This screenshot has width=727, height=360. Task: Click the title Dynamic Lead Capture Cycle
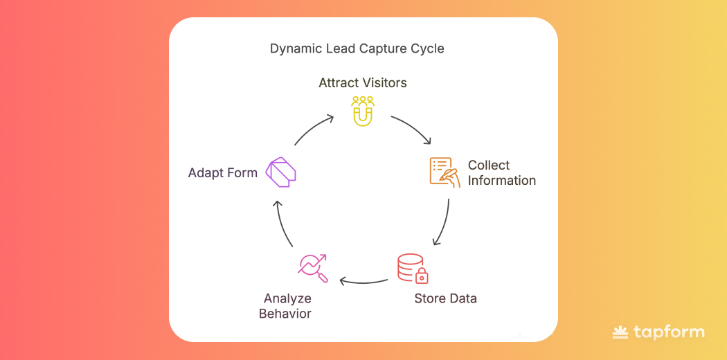point(357,48)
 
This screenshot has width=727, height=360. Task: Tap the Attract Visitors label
point(362,83)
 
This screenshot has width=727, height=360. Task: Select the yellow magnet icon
point(362,111)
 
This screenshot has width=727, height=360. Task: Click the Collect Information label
point(501,173)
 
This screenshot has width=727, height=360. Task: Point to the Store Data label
point(445,299)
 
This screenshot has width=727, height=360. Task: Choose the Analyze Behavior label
point(285,306)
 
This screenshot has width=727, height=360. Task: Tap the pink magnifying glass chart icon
point(312,269)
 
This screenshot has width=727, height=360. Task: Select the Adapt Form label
point(222,173)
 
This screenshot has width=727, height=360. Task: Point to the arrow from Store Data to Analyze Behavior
point(363,281)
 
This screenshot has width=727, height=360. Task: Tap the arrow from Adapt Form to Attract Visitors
point(314,129)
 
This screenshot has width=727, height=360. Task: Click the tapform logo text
point(668,332)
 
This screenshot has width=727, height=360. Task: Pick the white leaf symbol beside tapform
point(620,333)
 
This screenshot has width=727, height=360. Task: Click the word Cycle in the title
point(427,48)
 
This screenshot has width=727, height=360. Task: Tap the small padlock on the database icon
point(422,277)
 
